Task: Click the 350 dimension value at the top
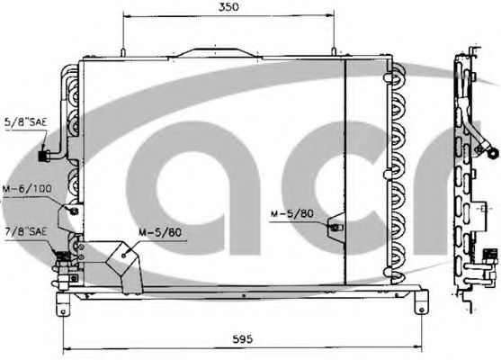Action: click(x=228, y=7)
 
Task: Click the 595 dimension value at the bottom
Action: click(x=242, y=338)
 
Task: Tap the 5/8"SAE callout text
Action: click(x=25, y=121)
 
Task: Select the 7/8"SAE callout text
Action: click(x=26, y=231)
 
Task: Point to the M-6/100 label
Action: click(x=27, y=189)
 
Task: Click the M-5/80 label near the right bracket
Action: click(x=292, y=214)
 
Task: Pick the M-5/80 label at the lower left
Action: click(x=160, y=232)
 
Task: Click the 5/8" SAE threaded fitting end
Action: click(x=43, y=156)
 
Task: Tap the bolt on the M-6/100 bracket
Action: click(x=74, y=211)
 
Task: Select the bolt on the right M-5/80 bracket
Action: click(x=335, y=228)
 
